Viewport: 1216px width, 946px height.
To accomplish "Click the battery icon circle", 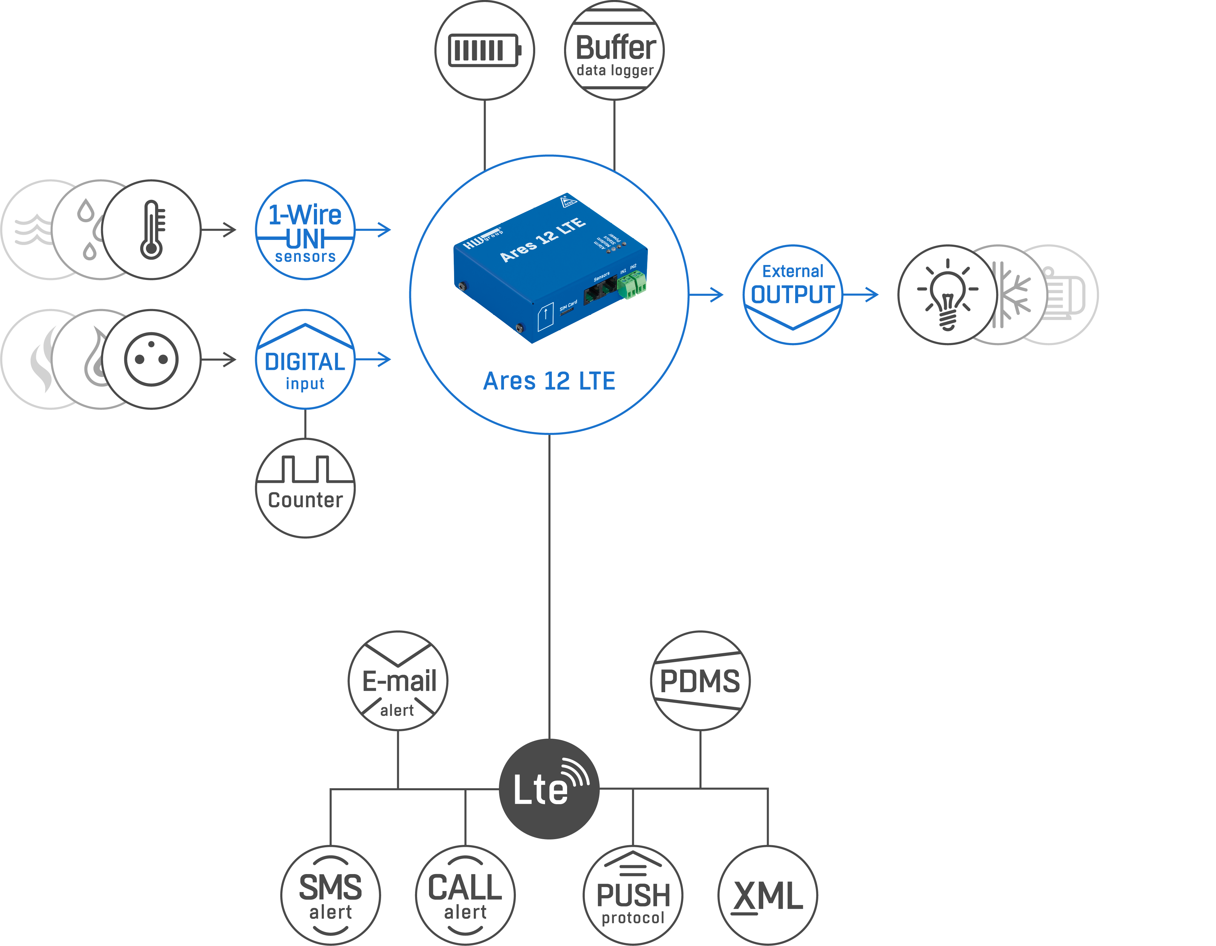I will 484,51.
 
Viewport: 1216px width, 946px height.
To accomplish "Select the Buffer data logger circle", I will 614,51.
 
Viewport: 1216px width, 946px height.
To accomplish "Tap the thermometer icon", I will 151,229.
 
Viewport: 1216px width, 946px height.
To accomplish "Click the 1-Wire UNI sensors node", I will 305,229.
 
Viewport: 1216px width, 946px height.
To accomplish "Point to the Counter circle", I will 305,488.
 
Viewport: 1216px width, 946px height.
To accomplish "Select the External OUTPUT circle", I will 793,295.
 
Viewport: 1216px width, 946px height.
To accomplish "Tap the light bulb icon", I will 948,295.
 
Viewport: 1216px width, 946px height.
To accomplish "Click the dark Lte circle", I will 549,789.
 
